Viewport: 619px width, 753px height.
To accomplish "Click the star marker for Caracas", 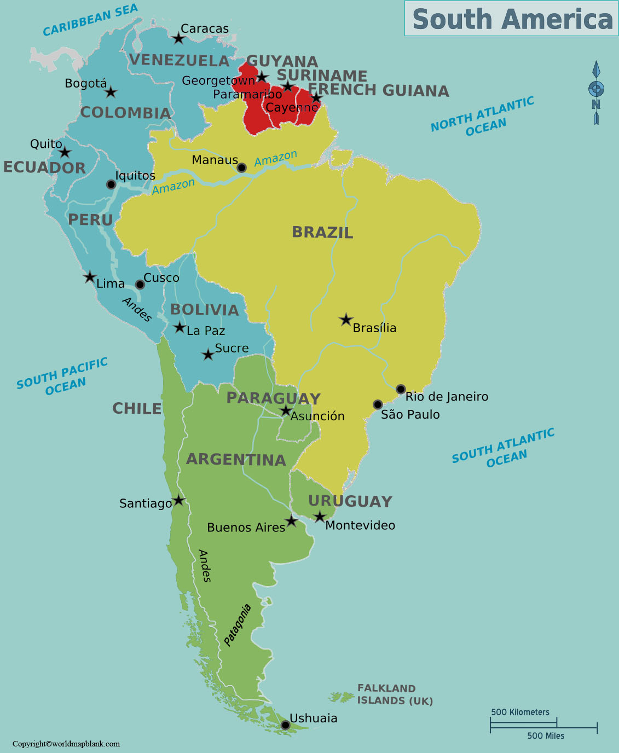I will click(x=178, y=38).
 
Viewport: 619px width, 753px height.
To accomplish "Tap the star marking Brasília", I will click(x=345, y=320).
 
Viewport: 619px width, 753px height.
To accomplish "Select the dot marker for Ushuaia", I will click(x=285, y=725).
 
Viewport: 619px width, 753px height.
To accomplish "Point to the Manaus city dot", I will click(x=241, y=167).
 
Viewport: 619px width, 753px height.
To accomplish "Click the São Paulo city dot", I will click(x=378, y=404).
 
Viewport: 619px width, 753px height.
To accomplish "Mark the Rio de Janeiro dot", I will click(x=401, y=389).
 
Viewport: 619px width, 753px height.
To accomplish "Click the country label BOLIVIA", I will click(x=205, y=310).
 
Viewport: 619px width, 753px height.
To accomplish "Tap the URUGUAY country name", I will click(x=350, y=501).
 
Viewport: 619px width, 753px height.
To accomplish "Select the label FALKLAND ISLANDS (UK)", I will click(x=395, y=694).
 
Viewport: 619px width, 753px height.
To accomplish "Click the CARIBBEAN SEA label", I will click(x=90, y=20).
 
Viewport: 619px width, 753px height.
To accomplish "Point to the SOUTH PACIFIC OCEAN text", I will click(x=62, y=376).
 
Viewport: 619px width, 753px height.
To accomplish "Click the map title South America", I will click(x=512, y=19).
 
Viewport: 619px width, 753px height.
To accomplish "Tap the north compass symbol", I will click(x=596, y=92).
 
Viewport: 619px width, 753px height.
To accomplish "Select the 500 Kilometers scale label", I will click(x=520, y=712).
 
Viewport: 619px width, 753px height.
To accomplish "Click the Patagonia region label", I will click(x=238, y=625).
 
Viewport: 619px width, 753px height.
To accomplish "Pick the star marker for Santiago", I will click(x=178, y=500).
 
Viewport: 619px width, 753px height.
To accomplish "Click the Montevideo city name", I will click(x=360, y=525).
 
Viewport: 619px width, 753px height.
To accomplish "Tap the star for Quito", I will click(x=65, y=152).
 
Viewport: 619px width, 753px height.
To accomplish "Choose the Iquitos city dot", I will click(x=111, y=184).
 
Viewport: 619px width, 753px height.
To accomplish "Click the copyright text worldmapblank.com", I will click(x=66, y=744).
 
